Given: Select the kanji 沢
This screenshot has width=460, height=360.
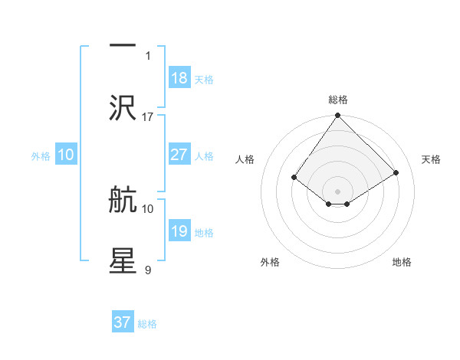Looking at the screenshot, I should pos(123,108).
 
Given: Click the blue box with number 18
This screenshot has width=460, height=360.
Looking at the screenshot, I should pos(179,78).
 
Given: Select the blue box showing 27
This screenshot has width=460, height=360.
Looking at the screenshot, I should pos(179,155).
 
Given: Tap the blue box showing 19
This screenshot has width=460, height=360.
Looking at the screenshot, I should pos(179,231).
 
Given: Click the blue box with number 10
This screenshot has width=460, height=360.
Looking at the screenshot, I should pos(66,155).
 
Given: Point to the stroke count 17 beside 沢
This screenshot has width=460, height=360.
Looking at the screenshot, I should pos(148,116).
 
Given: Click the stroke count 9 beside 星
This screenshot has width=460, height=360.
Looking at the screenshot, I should pos(148,270).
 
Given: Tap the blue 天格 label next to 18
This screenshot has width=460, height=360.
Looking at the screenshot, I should pos(204,79).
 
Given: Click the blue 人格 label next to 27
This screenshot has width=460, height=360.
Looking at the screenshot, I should pos(204,155).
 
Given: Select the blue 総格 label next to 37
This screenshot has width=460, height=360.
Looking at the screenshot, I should pos(147,323).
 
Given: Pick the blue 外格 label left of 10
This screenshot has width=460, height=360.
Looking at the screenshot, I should pos(41,155).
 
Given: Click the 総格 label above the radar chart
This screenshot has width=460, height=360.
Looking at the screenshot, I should pos(338,100).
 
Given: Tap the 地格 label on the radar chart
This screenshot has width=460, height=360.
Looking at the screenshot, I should pos(402,262).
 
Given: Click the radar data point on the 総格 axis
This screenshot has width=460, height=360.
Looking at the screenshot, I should pos(338,116).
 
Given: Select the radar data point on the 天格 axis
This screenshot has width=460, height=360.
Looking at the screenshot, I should pos(396,173).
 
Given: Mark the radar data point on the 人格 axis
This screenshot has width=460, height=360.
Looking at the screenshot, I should pos(294,177).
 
